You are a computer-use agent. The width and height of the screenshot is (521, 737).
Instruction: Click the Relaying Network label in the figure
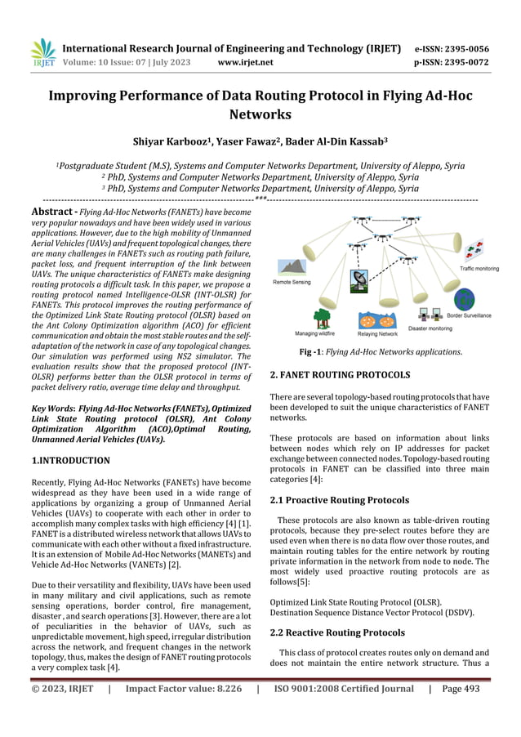377,334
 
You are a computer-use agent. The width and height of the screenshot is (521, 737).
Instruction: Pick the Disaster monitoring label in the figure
430,328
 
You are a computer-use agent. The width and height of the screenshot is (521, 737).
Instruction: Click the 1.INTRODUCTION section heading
69,461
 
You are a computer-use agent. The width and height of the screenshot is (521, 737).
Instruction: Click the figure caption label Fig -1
315,352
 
